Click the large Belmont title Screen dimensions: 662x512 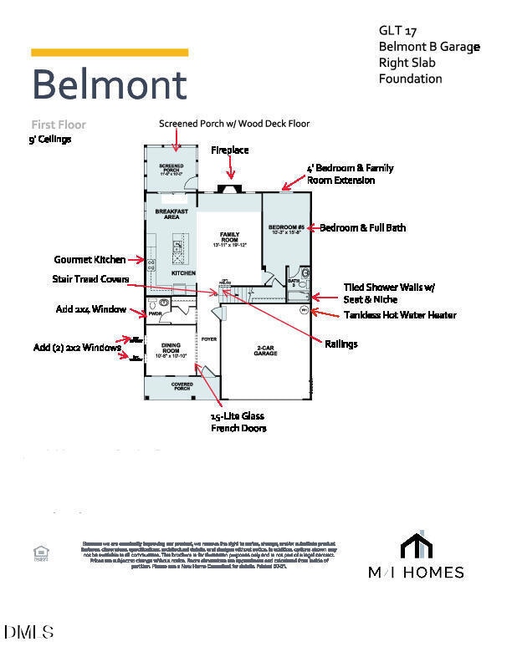tap(109, 84)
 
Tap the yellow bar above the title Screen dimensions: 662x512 tap(110, 53)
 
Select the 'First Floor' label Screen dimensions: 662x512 tap(59, 125)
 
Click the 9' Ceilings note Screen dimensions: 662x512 tap(50, 140)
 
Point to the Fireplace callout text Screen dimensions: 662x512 tap(230, 150)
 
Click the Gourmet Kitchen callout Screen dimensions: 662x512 tap(90, 260)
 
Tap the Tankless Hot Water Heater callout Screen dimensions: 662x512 tap(400, 315)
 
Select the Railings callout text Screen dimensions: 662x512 tap(340, 344)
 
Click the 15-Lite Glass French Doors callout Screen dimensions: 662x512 tap(238, 421)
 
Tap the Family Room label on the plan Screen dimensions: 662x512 tap(229, 237)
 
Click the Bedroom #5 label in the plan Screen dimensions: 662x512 tap(286, 228)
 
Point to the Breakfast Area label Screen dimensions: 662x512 tap(172, 214)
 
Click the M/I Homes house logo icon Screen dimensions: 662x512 tap(417, 545)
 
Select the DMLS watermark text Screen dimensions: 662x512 tap(28, 633)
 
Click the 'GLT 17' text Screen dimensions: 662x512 tap(392, 31)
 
